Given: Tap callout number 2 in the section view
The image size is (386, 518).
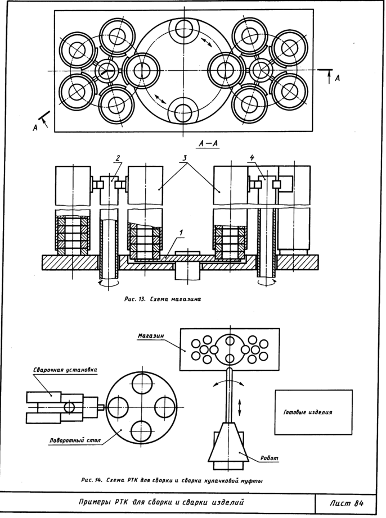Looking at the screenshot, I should pyautogui.click(x=118, y=158).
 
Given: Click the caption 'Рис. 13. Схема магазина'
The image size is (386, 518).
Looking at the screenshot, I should pyautogui.click(x=163, y=299).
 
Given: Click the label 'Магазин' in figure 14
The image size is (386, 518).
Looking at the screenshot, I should pyautogui.click(x=150, y=336).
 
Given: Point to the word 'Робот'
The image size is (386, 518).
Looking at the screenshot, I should pyautogui.click(x=270, y=458).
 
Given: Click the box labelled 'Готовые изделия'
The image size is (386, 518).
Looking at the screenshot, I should pyautogui.click(x=312, y=412).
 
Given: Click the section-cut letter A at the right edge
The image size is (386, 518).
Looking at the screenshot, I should pyautogui.click(x=337, y=79).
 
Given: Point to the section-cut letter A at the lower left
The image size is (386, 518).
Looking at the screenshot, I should pyautogui.click(x=34, y=128).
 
